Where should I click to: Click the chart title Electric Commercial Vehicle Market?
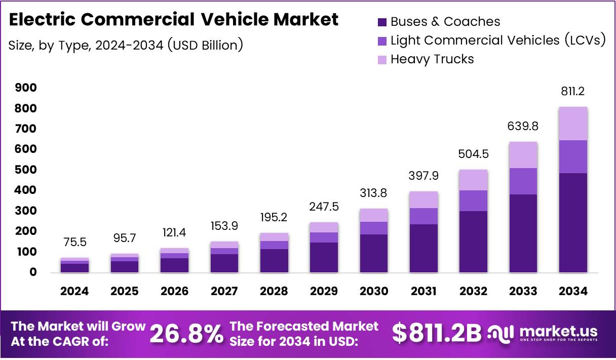pyautogui.click(x=174, y=20)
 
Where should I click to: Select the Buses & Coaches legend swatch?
pyautogui.click(x=382, y=22)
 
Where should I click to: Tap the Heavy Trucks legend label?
pyautogui.click(x=432, y=59)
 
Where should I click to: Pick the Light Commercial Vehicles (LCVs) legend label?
pyautogui.click(x=498, y=41)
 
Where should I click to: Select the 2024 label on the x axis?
pyautogui.click(x=74, y=291)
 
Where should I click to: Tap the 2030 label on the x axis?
pyautogui.click(x=374, y=291)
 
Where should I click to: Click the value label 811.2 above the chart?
pyautogui.click(x=573, y=92)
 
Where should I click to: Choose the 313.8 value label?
pyautogui.click(x=374, y=193)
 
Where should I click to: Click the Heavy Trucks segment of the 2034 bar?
pyautogui.click(x=573, y=124)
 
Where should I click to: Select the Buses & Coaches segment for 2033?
pyautogui.click(x=523, y=233)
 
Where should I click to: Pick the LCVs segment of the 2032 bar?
pyautogui.click(x=474, y=201)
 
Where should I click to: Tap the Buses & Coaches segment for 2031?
pyautogui.click(x=423, y=248)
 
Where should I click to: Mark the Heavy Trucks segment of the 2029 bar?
pyautogui.click(x=324, y=227)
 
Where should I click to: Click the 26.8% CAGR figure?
pyautogui.click(x=187, y=334)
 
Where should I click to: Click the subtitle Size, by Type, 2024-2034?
pyautogui.click(x=126, y=45)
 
